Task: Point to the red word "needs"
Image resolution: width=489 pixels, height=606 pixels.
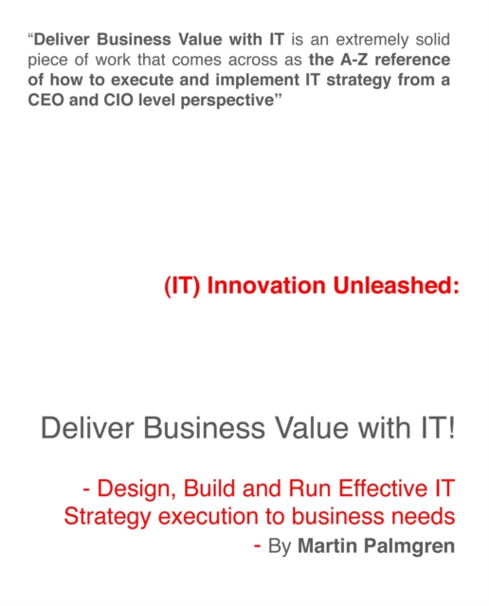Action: click(x=416, y=517)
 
